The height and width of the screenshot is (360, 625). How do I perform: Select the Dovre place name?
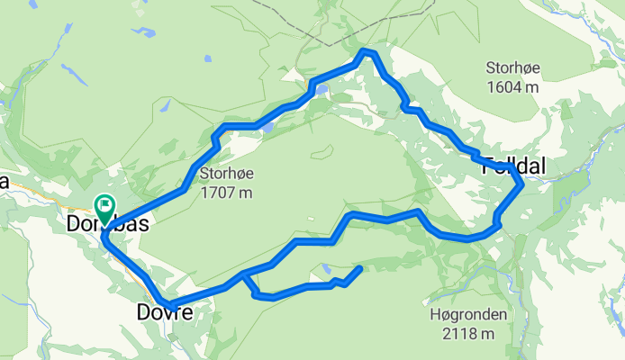pos(164,313)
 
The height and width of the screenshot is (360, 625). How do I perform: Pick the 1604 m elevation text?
pos(512,86)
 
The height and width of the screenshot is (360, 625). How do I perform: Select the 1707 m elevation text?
pos(226,192)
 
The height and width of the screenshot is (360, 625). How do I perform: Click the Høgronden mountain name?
pos(468,316)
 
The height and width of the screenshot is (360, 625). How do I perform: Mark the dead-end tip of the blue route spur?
pos(360,268)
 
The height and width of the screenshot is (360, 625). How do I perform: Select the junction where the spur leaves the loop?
pos(243,273)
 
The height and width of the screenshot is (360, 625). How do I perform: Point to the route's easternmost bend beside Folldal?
pos(521,185)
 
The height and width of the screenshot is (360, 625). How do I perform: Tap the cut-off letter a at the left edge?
pos(5,182)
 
